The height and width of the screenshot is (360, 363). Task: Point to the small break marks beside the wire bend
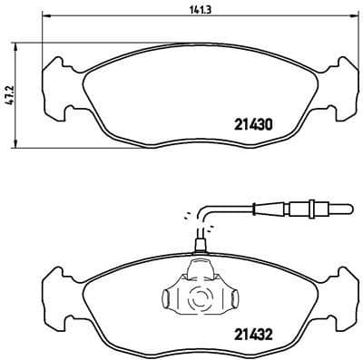coord(189,214)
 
